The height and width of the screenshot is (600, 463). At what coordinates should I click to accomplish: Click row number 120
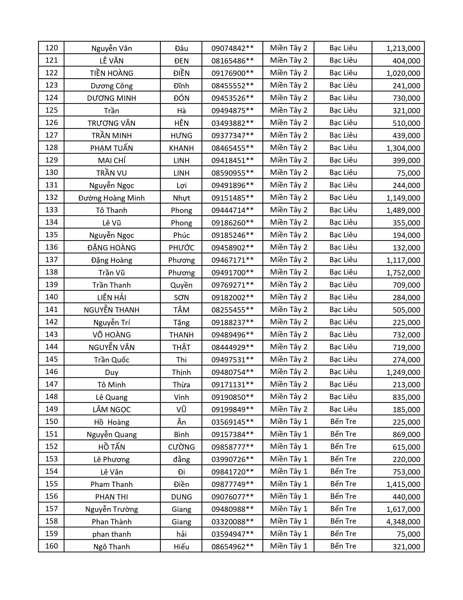coord(51,48)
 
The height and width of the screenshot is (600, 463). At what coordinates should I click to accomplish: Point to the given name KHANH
coord(181,148)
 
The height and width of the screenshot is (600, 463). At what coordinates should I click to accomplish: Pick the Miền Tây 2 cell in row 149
coord(289,409)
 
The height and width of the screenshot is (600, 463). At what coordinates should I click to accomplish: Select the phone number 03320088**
coord(232,521)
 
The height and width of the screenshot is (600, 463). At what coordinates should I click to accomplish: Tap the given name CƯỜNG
coord(181,447)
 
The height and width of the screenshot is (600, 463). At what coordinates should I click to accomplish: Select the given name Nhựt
coord(181,198)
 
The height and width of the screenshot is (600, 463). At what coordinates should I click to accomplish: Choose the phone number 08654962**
coord(232,546)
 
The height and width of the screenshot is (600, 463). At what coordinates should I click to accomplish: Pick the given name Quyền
coord(181,285)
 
